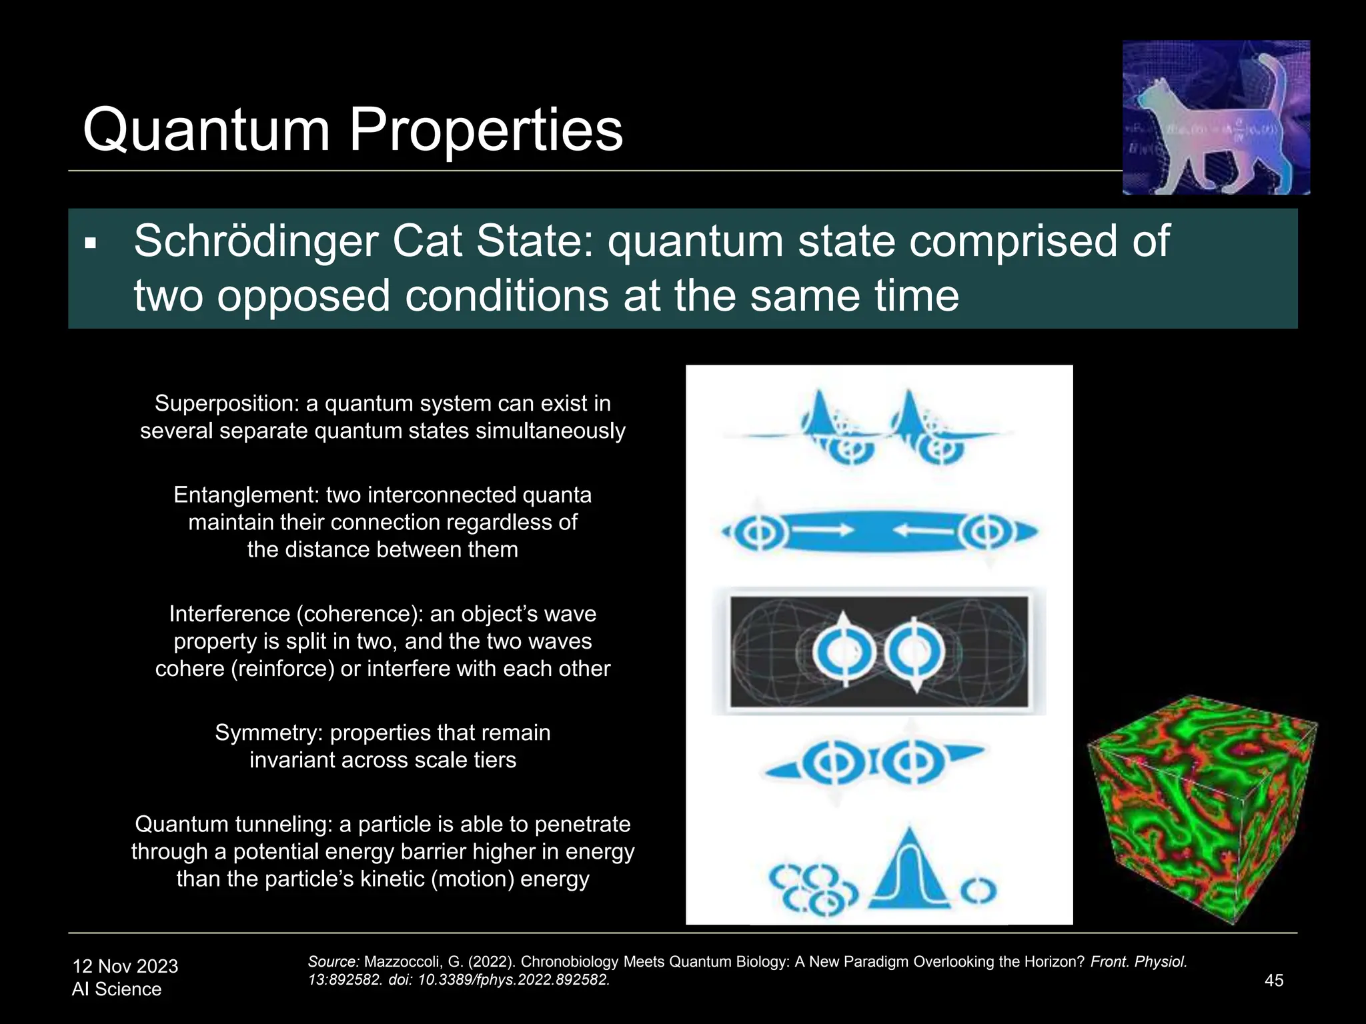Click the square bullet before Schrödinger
pyautogui.click(x=91, y=244)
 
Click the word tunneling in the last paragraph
pyautogui.click(x=281, y=824)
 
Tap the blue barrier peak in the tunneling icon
pyautogui.click(x=908, y=870)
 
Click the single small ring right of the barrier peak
pyautogui.click(x=978, y=890)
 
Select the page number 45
pyautogui.click(x=1273, y=980)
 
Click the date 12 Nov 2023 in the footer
pyautogui.click(x=125, y=966)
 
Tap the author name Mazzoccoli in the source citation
pyautogui.click(x=402, y=962)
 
